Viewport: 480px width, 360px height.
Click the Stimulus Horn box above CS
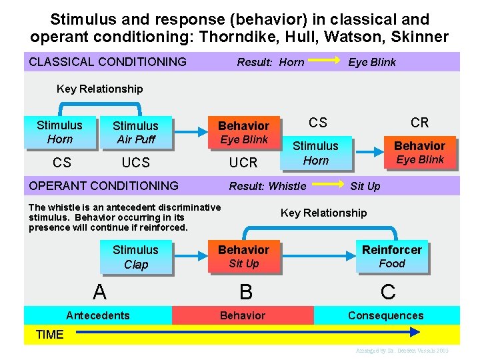pyautogui.click(x=59, y=132)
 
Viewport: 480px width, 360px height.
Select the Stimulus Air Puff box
pyautogui.click(x=135, y=132)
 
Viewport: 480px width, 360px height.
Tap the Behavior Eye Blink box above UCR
pyautogui.click(x=243, y=132)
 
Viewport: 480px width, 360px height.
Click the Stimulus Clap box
pyautogui.click(x=135, y=257)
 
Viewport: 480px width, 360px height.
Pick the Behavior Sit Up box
pyautogui.click(x=243, y=257)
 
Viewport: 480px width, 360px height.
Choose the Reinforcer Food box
pyautogui.click(x=391, y=257)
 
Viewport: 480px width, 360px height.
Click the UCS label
pyautogui.click(x=135, y=163)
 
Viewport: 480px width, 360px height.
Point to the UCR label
pyautogui.click(x=243, y=163)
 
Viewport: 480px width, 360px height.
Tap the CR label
pyautogui.click(x=419, y=123)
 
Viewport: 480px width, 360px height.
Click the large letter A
pyautogui.click(x=99, y=291)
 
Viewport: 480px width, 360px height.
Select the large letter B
pyautogui.click(x=246, y=291)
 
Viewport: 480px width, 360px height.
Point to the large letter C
pyautogui.click(x=388, y=291)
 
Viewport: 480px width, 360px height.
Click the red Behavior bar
pyautogui.click(x=243, y=315)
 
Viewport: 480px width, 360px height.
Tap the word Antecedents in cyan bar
pyautogui.click(x=98, y=315)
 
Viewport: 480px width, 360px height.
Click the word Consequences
pyautogui.click(x=385, y=315)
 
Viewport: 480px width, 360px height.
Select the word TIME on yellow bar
pyautogui.click(x=49, y=335)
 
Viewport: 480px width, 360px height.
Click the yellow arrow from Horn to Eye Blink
pyautogui.click(x=325, y=62)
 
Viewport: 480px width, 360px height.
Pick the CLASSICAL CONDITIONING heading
pyautogui.click(x=107, y=62)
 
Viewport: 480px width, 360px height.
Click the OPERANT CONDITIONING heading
pyautogui.click(x=103, y=185)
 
